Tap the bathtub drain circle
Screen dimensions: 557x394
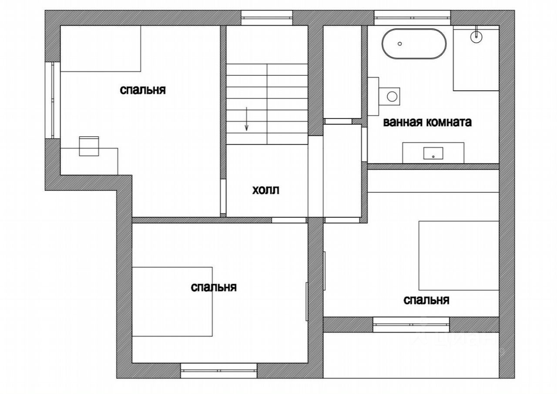[399, 44]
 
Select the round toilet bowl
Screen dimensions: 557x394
[392, 96]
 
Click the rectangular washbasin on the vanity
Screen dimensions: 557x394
[433, 153]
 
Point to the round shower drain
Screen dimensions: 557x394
[476, 37]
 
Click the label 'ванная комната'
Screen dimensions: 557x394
[427, 122]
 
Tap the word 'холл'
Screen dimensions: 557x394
[265, 190]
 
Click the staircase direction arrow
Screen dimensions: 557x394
[246, 119]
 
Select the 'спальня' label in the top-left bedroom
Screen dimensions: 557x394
[143, 90]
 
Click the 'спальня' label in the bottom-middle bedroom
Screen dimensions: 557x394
[214, 287]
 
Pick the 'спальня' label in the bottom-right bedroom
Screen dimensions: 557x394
[426, 300]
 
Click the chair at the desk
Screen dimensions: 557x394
[89, 146]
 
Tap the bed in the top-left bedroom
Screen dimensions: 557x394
[101, 48]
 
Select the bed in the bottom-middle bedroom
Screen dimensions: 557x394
[172, 302]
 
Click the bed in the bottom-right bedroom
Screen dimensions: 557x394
[459, 255]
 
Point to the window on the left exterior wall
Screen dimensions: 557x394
[53, 100]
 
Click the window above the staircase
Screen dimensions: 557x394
[267, 18]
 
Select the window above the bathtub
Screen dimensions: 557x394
[413, 18]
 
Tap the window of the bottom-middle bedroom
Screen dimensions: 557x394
[218, 370]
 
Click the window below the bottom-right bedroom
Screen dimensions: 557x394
[411, 325]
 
